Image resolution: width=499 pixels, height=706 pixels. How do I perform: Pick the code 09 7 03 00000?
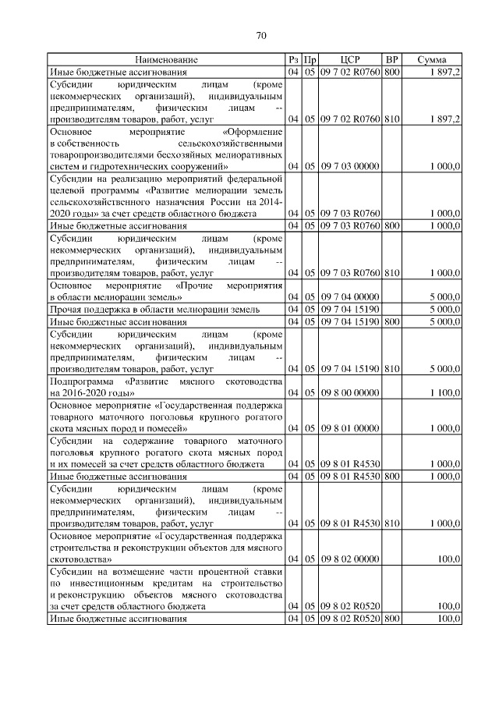pyautogui.click(x=349, y=166)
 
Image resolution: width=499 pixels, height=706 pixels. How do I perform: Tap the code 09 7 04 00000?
pyautogui.click(x=349, y=297)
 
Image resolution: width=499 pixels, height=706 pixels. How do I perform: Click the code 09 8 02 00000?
pyautogui.click(x=349, y=559)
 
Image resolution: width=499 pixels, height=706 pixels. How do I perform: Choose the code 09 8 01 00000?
pyautogui.click(x=349, y=428)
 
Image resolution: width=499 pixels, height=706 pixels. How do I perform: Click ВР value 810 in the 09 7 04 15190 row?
pyautogui.click(x=392, y=367)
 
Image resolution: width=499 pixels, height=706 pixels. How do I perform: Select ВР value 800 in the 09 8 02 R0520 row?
pyautogui.click(x=392, y=619)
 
